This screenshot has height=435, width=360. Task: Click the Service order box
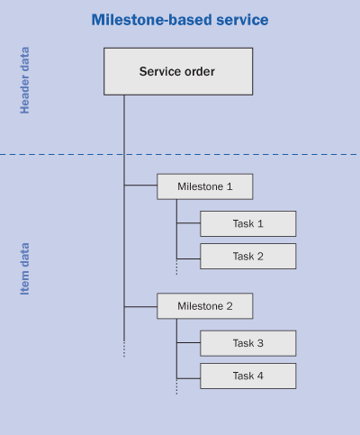(178, 71)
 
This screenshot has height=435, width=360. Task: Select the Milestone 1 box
(205, 186)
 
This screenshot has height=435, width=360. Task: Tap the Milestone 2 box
(205, 306)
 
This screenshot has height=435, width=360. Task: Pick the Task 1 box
(248, 223)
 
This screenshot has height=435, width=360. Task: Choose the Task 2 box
(248, 256)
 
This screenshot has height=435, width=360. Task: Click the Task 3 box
(248, 343)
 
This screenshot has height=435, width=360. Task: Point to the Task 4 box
(248, 376)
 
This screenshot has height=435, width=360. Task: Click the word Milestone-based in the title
(152, 20)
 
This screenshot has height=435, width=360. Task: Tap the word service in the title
(242, 20)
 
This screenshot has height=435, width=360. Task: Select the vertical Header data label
(25, 80)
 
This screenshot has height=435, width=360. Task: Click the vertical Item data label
(25, 268)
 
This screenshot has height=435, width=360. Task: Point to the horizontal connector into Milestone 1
(140, 186)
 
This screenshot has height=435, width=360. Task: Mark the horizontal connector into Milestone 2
(140, 307)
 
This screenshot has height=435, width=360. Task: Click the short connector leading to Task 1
(188, 223)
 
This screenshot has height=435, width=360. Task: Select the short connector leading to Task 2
(188, 258)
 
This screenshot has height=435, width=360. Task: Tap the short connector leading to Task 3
(188, 342)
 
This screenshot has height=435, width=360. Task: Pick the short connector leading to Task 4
(188, 378)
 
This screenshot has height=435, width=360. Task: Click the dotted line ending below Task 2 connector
(176, 267)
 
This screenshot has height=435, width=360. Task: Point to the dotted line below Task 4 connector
(176, 386)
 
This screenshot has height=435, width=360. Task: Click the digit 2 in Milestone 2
(229, 306)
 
